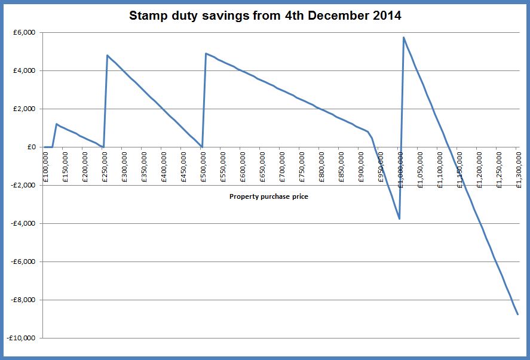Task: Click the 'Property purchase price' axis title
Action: point(268,196)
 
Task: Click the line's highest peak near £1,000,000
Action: point(404,38)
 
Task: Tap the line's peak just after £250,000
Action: point(108,56)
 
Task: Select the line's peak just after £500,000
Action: point(206,54)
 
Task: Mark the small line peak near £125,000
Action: point(56,124)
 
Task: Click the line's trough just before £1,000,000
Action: point(399,219)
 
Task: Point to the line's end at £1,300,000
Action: point(517,314)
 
